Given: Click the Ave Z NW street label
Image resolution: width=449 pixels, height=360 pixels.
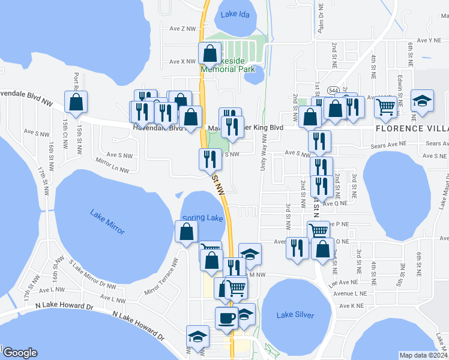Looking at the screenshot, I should [x=182, y=29].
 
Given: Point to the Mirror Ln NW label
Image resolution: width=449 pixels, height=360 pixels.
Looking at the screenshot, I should [x=112, y=166].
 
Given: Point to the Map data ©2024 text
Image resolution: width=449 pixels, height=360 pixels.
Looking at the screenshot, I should [x=423, y=355].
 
